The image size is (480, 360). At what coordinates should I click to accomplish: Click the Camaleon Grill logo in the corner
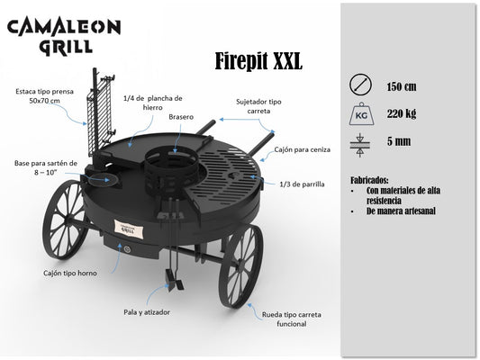(64, 37)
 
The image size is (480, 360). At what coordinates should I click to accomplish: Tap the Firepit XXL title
(258, 61)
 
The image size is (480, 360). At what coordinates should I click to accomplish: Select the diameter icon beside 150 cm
(360, 85)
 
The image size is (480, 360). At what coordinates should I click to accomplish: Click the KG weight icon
(361, 113)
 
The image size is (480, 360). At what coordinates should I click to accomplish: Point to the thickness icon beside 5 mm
(360, 145)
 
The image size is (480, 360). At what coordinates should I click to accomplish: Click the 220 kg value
(402, 113)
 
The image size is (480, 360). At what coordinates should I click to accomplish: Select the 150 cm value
(402, 87)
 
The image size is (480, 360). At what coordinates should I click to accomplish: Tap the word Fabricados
(369, 179)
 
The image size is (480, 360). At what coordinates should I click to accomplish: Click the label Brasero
(181, 117)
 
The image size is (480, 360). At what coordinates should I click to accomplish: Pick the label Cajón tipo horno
(70, 273)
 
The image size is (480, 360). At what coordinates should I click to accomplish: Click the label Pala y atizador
(147, 312)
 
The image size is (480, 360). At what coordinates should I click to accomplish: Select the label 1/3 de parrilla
(303, 184)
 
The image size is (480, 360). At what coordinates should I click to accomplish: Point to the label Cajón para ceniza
(303, 149)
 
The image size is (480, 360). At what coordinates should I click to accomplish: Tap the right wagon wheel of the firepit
(240, 265)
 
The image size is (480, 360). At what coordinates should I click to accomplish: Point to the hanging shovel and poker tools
(173, 245)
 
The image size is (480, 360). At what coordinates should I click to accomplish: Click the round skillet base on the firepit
(99, 178)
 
